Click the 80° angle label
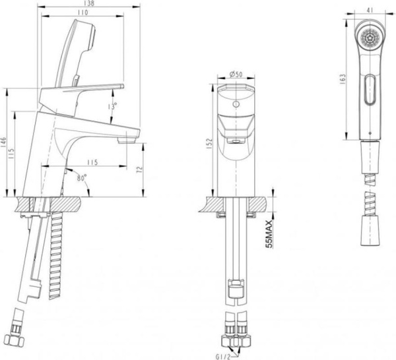click(x=81, y=177)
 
